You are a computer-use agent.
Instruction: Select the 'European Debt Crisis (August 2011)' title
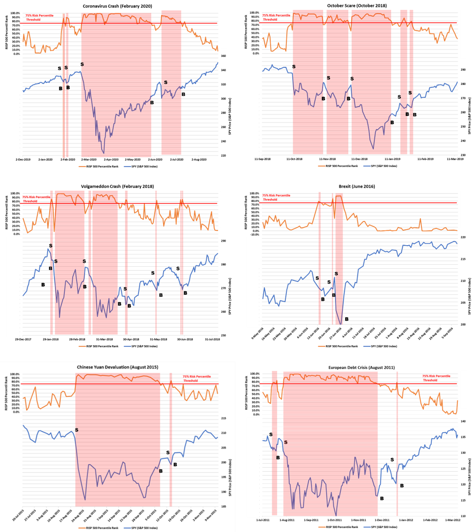362,367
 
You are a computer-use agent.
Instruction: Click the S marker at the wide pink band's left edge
77,430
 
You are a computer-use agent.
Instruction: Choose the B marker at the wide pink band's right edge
161,471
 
